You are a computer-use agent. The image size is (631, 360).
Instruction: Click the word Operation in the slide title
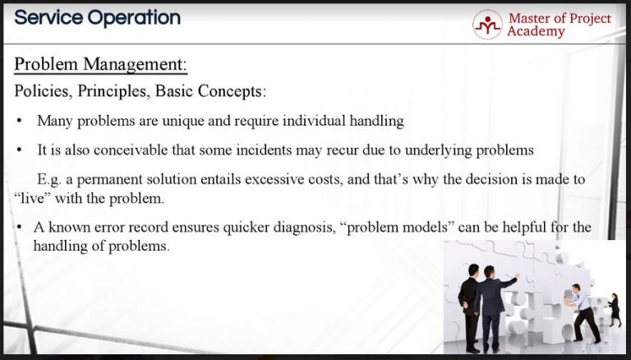click(135, 17)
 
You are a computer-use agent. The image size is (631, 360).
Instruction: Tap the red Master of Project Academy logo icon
click(487, 25)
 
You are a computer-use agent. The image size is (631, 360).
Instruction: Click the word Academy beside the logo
click(536, 31)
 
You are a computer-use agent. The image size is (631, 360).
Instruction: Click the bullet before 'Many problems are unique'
click(20, 122)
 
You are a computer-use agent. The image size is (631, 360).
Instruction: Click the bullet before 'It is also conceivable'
click(20, 151)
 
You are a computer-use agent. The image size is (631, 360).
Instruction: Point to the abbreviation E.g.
click(50, 178)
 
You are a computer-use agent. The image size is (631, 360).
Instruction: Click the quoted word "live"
click(34, 198)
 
